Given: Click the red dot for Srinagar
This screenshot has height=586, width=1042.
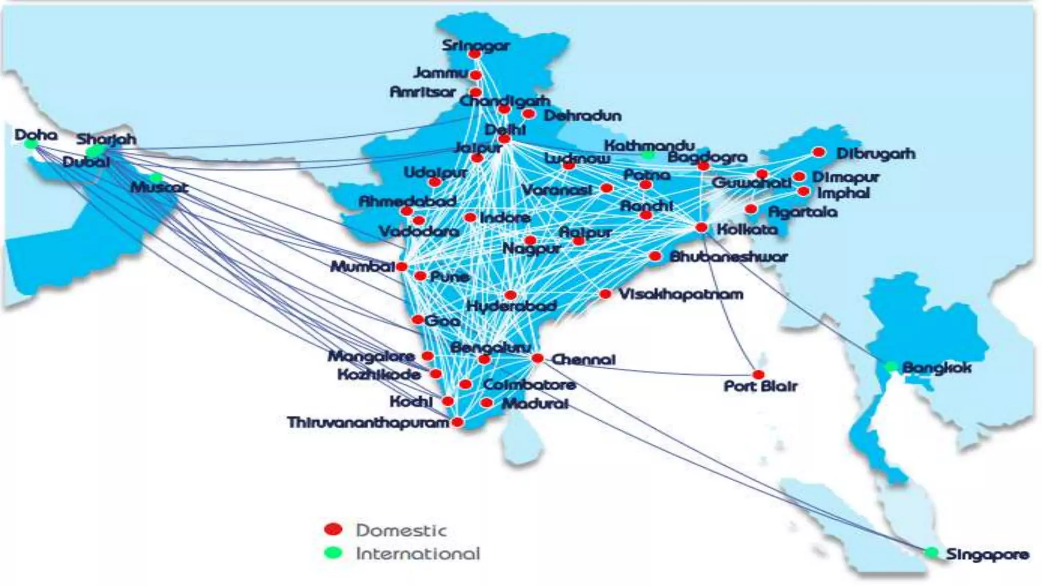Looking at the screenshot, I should (475, 53).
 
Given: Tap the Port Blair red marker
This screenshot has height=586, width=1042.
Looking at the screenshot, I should (758, 375).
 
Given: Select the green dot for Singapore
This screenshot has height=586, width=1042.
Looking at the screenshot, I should (932, 552).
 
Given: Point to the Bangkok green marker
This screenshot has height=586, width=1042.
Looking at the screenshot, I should (890, 367).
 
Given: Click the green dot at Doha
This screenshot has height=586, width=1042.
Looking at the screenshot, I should (31, 144).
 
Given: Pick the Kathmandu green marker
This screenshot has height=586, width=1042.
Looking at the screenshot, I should (648, 154).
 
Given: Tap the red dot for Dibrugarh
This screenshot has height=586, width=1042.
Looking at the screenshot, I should (819, 152).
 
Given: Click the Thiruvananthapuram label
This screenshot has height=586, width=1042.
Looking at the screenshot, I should (368, 422).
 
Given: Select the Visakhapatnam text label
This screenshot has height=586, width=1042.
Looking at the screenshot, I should (681, 294).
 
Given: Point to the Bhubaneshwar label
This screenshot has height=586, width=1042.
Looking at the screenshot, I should (729, 256).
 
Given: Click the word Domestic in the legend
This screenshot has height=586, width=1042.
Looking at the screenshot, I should (401, 530).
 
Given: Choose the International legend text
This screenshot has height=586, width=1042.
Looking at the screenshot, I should (418, 553).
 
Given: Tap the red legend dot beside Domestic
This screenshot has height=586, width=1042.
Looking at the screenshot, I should (333, 529).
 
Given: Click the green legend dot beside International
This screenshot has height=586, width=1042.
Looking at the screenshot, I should (333, 552).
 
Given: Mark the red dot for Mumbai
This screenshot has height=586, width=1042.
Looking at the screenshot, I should (401, 267).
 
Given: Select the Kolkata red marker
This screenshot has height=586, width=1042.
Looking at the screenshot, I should (701, 227).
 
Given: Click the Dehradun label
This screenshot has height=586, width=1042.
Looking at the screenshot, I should (583, 115).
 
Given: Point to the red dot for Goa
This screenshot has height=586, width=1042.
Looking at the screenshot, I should (417, 319).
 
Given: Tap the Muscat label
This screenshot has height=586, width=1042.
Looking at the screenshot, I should (159, 187).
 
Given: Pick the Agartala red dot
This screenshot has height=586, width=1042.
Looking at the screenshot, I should (750, 209).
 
